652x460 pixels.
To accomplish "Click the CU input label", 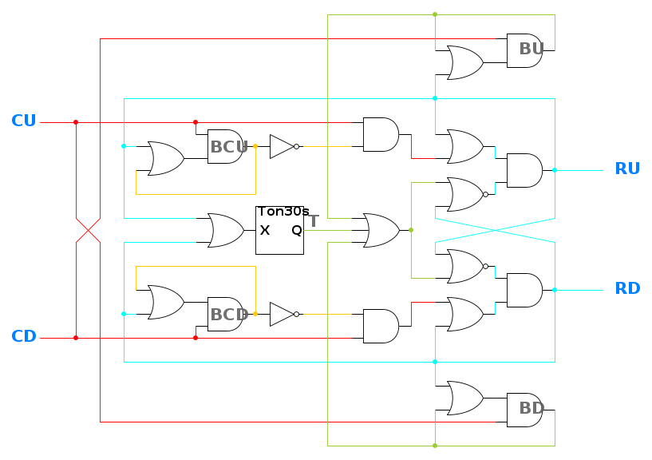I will [x=24, y=121].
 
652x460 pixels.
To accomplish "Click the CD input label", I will [x=24, y=337].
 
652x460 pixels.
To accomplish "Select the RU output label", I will [x=627, y=169].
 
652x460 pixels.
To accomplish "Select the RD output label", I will [x=627, y=289].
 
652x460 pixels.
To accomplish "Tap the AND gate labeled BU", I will [x=524, y=50].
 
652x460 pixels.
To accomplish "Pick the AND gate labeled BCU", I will [x=225, y=146].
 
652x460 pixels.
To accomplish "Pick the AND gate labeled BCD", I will [x=225, y=314].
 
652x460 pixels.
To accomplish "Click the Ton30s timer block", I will [x=279, y=230].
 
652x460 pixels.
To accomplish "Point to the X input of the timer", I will [x=265, y=230].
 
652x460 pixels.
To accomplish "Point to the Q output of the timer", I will [x=296, y=230].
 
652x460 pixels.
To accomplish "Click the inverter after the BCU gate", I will [x=283, y=146].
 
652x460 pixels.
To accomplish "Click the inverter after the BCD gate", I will [x=283, y=314].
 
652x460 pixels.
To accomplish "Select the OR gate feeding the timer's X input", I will [x=225, y=230].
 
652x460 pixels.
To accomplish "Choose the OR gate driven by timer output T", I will [x=381, y=230].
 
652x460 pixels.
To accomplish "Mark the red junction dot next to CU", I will [x=76, y=122].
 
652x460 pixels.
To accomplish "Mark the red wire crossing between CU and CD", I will [x=88, y=230].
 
